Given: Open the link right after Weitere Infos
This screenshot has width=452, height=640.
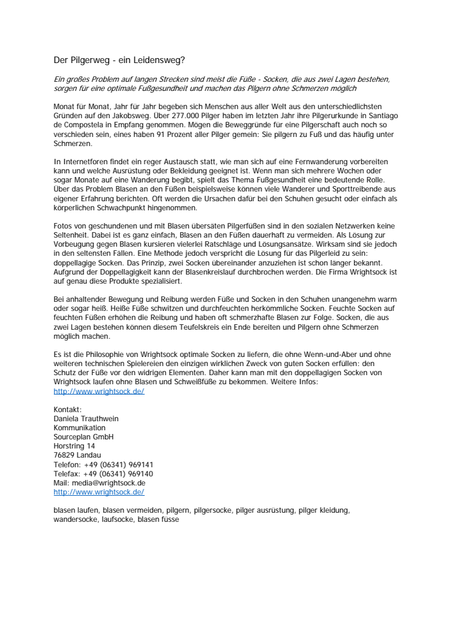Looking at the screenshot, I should pyautogui.click(x=99, y=392).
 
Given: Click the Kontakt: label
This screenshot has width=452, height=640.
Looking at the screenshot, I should pyautogui.click(x=67, y=410).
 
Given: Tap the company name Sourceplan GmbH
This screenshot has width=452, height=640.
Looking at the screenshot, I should pyautogui.click(x=84, y=437).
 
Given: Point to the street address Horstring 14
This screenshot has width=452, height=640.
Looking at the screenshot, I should pyautogui.click(x=74, y=446).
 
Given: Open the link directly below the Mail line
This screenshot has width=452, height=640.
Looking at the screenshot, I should pyautogui.click(x=99, y=492).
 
